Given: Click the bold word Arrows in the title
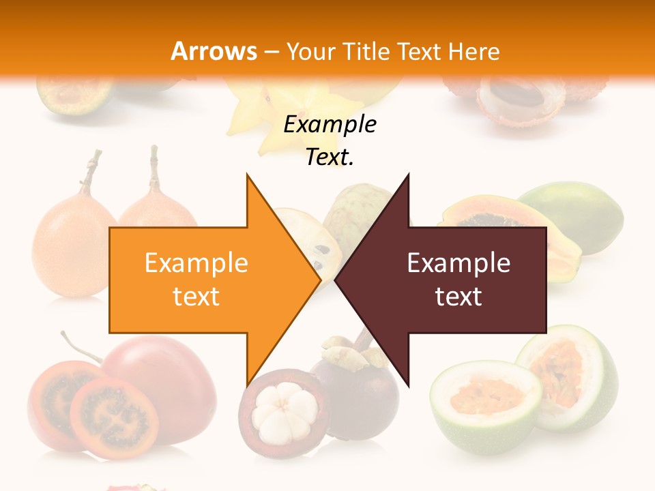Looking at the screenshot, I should [214, 51].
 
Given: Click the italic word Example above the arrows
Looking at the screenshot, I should [330, 125].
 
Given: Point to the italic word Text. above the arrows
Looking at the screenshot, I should [330, 158].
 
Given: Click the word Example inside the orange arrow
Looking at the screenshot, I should [196, 263].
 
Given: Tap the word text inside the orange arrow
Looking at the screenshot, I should [196, 297].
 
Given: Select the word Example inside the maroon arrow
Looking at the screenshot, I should [458, 263].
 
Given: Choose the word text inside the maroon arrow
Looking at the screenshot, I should [458, 297].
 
